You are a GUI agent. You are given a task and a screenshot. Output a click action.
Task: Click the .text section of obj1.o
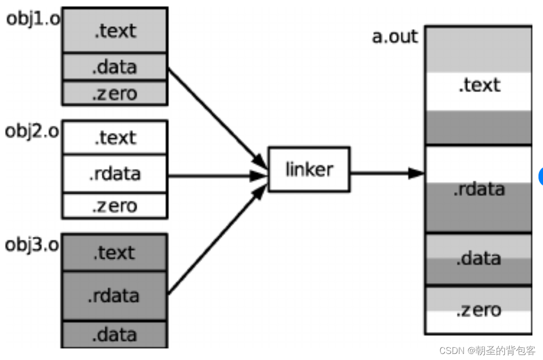115,31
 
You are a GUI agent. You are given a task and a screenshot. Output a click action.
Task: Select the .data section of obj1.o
115,67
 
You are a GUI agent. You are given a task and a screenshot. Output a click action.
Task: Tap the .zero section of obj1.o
115,94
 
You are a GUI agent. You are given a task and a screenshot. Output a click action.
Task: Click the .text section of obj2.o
115,137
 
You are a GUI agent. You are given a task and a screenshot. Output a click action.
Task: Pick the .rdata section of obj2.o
115,174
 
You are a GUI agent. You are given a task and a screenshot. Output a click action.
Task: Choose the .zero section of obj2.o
115,206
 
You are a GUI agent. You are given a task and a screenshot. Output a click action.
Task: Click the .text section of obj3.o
115,252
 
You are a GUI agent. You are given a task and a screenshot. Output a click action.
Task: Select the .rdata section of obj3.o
115,296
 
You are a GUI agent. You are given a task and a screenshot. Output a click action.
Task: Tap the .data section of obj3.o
115,334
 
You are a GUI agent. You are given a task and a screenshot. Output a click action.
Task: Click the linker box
309,169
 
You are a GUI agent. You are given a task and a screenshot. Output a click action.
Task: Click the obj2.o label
32,132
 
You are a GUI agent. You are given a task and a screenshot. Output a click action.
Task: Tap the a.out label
395,37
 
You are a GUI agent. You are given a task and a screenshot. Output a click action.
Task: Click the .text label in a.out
479,85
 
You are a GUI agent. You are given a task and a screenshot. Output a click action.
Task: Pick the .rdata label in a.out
479,189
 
